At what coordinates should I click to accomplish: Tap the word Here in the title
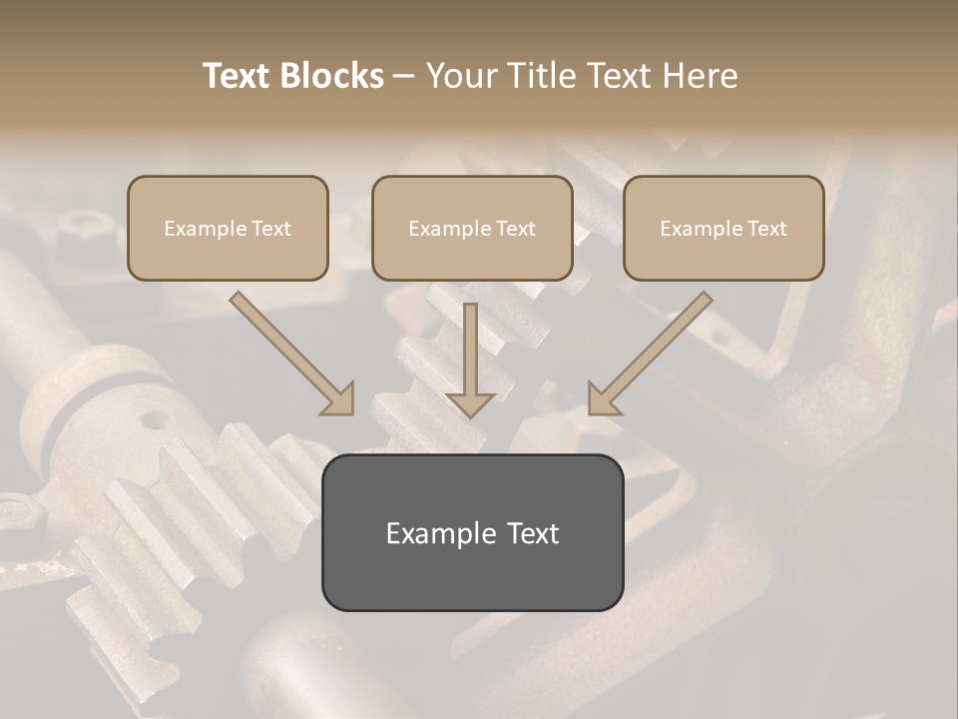point(698,76)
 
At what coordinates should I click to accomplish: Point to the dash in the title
point(404,77)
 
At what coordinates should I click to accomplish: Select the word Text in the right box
point(767,229)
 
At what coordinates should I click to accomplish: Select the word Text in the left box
point(271,229)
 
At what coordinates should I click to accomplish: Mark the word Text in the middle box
point(516,229)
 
